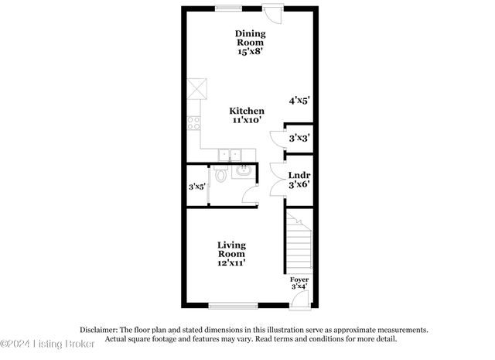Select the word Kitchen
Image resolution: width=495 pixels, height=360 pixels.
pyautogui.click(x=248, y=111)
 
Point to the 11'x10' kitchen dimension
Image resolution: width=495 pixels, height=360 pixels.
pyautogui.click(x=248, y=121)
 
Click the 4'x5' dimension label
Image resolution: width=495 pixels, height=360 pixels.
pyautogui.click(x=299, y=101)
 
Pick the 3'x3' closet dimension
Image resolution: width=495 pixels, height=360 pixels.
pyautogui.click(x=299, y=138)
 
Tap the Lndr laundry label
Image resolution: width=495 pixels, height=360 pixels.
pyautogui.click(x=299, y=176)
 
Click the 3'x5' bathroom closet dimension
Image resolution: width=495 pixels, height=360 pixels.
pyautogui.click(x=196, y=187)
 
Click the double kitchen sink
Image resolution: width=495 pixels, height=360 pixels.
pyautogui.click(x=227, y=154)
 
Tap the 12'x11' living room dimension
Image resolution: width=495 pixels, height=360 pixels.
pyautogui.click(x=231, y=263)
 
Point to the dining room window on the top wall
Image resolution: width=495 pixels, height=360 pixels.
pyautogui.click(x=227, y=9)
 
